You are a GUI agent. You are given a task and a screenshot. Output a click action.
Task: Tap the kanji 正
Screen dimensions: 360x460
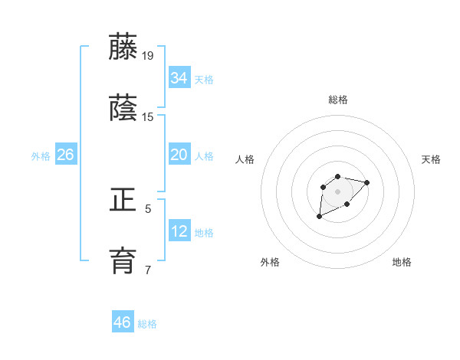click(123, 201)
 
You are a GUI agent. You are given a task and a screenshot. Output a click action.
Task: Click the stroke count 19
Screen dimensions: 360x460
click(149, 56)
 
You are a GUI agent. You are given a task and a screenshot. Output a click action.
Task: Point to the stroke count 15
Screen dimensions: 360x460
click(149, 117)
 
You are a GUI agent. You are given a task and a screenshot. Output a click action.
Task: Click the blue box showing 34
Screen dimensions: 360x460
click(179, 77)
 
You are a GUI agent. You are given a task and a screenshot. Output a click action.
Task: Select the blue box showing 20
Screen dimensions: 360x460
click(179, 155)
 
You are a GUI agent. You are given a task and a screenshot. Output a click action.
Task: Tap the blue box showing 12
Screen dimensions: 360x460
click(179, 231)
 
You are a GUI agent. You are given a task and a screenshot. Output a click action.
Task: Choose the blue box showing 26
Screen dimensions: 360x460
click(65, 155)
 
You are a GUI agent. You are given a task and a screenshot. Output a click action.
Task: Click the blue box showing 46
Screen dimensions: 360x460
click(123, 322)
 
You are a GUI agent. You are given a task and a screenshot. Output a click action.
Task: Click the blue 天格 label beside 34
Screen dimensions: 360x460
click(204, 79)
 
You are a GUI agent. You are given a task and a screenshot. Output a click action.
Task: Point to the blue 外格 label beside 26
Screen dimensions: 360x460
click(41, 156)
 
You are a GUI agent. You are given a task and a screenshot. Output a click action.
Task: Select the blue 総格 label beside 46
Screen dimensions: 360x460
click(147, 324)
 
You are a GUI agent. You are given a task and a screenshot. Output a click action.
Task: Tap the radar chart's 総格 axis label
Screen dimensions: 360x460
click(338, 100)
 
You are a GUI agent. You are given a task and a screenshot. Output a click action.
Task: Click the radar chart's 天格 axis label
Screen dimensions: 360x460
click(431, 159)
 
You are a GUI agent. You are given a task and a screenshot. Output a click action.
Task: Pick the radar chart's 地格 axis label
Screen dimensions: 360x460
click(402, 262)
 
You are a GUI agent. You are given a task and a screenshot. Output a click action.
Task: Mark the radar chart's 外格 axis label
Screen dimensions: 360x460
click(270, 262)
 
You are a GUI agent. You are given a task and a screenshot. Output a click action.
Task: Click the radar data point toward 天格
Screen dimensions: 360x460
click(367, 182)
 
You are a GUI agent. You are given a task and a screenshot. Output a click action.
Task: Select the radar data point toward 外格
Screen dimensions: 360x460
click(320, 217)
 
